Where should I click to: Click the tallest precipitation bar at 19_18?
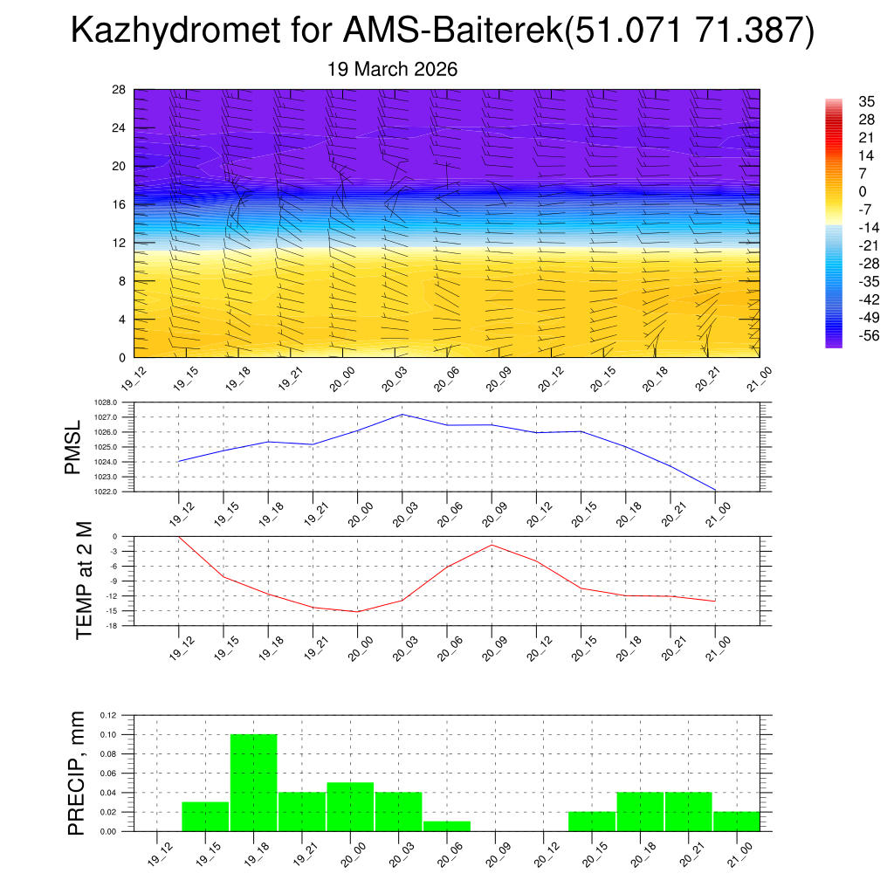(254, 782)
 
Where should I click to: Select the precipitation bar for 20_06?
(447, 826)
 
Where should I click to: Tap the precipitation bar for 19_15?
(205, 816)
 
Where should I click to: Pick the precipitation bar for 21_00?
(736, 822)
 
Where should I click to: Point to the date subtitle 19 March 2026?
(392, 69)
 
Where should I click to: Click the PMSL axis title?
(73, 447)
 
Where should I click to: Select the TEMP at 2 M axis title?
(84, 581)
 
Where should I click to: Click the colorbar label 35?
(842, 101)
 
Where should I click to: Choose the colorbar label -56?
(844, 335)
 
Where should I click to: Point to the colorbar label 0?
(838, 191)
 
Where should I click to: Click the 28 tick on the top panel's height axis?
(120, 90)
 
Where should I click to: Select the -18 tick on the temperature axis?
(112, 626)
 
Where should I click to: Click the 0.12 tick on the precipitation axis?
(107, 715)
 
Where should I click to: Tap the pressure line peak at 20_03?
(402, 415)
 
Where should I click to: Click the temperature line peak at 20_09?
(492, 545)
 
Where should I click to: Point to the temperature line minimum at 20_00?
(357, 611)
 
